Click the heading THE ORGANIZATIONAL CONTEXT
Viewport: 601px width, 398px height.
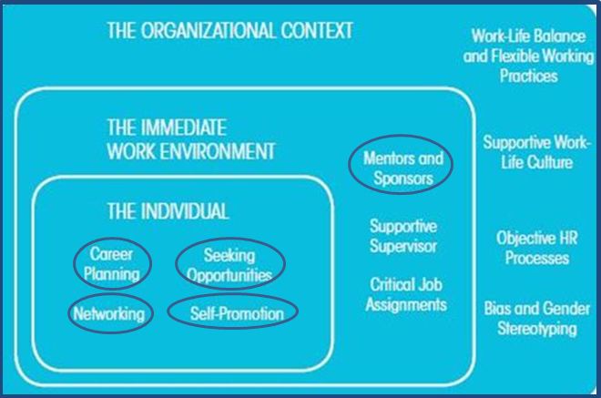click(229, 31)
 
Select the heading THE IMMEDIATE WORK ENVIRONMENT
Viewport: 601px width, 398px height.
click(190, 138)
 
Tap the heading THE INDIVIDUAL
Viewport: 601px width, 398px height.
click(168, 211)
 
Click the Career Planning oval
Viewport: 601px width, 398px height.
click(113, 263)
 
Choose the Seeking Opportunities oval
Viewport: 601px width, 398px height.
click(229, 264)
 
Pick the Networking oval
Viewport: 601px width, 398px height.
click(109, 314)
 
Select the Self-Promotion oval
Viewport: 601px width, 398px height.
click(232, 313)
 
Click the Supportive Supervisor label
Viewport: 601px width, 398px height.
click(402, 235)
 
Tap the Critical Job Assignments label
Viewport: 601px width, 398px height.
click(406, 293)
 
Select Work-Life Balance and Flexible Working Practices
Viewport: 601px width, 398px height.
click(515, 56)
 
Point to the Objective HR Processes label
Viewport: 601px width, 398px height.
click(533, 247)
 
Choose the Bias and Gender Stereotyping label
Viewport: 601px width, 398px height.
click(537, 318)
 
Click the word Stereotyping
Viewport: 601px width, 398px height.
click(537, 328)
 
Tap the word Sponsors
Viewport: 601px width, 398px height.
click(402, 178)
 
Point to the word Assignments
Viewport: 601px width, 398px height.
click(406, 304)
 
